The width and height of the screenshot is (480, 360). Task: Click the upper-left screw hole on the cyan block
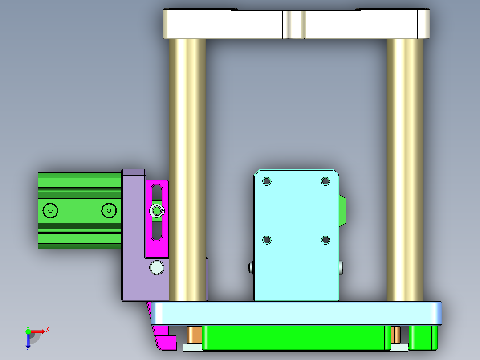pyautogui.click(x=267, y=181)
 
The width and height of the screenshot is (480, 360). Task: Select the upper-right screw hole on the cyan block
pyautogui.click(x=325, y=181)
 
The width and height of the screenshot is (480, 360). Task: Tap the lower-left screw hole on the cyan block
pyautogui.click(x=267, y=240)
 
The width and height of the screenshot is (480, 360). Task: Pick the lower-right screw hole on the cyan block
pyautogui.click(x=325, y=240)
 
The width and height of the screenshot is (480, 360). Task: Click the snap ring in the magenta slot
pyautogui.click(x=157, y=211)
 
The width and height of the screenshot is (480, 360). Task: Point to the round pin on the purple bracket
pyautogui.click(x=157, y=267)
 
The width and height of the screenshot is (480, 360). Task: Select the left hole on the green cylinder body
pyautogui.click(x=50, y=210)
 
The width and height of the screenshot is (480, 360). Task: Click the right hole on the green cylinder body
pyautogui.click(x=108, y=210)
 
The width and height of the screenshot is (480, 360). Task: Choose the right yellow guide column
pyautogui.click(x=405, y=169)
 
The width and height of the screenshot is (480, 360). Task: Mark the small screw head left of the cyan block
pyautogui.click(x=251, y=267)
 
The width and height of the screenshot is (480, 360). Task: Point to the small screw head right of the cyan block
pyautogui.click(x=341, y=267)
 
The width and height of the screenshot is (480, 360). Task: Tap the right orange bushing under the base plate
pyautogui.click(x=395, y=334)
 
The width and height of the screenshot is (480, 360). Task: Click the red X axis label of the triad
pyautogui.click(x=48, y=329)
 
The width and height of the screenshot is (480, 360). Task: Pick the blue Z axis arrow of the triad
pyautogui.click(x=28, y=341)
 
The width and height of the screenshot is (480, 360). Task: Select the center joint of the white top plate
pyautogui.click(x=296, y=24)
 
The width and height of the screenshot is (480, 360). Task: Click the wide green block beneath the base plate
pyautogui.click(x=294, y=337)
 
